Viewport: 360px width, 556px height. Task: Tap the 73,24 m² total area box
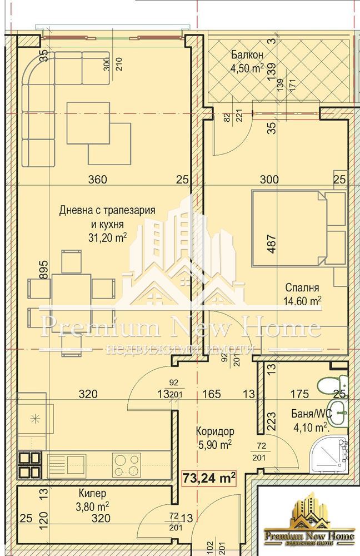pyautogui.click(x=209, y=476)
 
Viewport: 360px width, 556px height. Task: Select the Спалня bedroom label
pyautogui.click(x=302, y=287)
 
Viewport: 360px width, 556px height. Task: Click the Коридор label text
pyautogui.click(x=214, y=431)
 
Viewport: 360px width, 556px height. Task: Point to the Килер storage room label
pyautogui.click(x=92, y=493)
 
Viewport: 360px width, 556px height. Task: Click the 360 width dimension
pyautogui.click(x=98, y=179)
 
